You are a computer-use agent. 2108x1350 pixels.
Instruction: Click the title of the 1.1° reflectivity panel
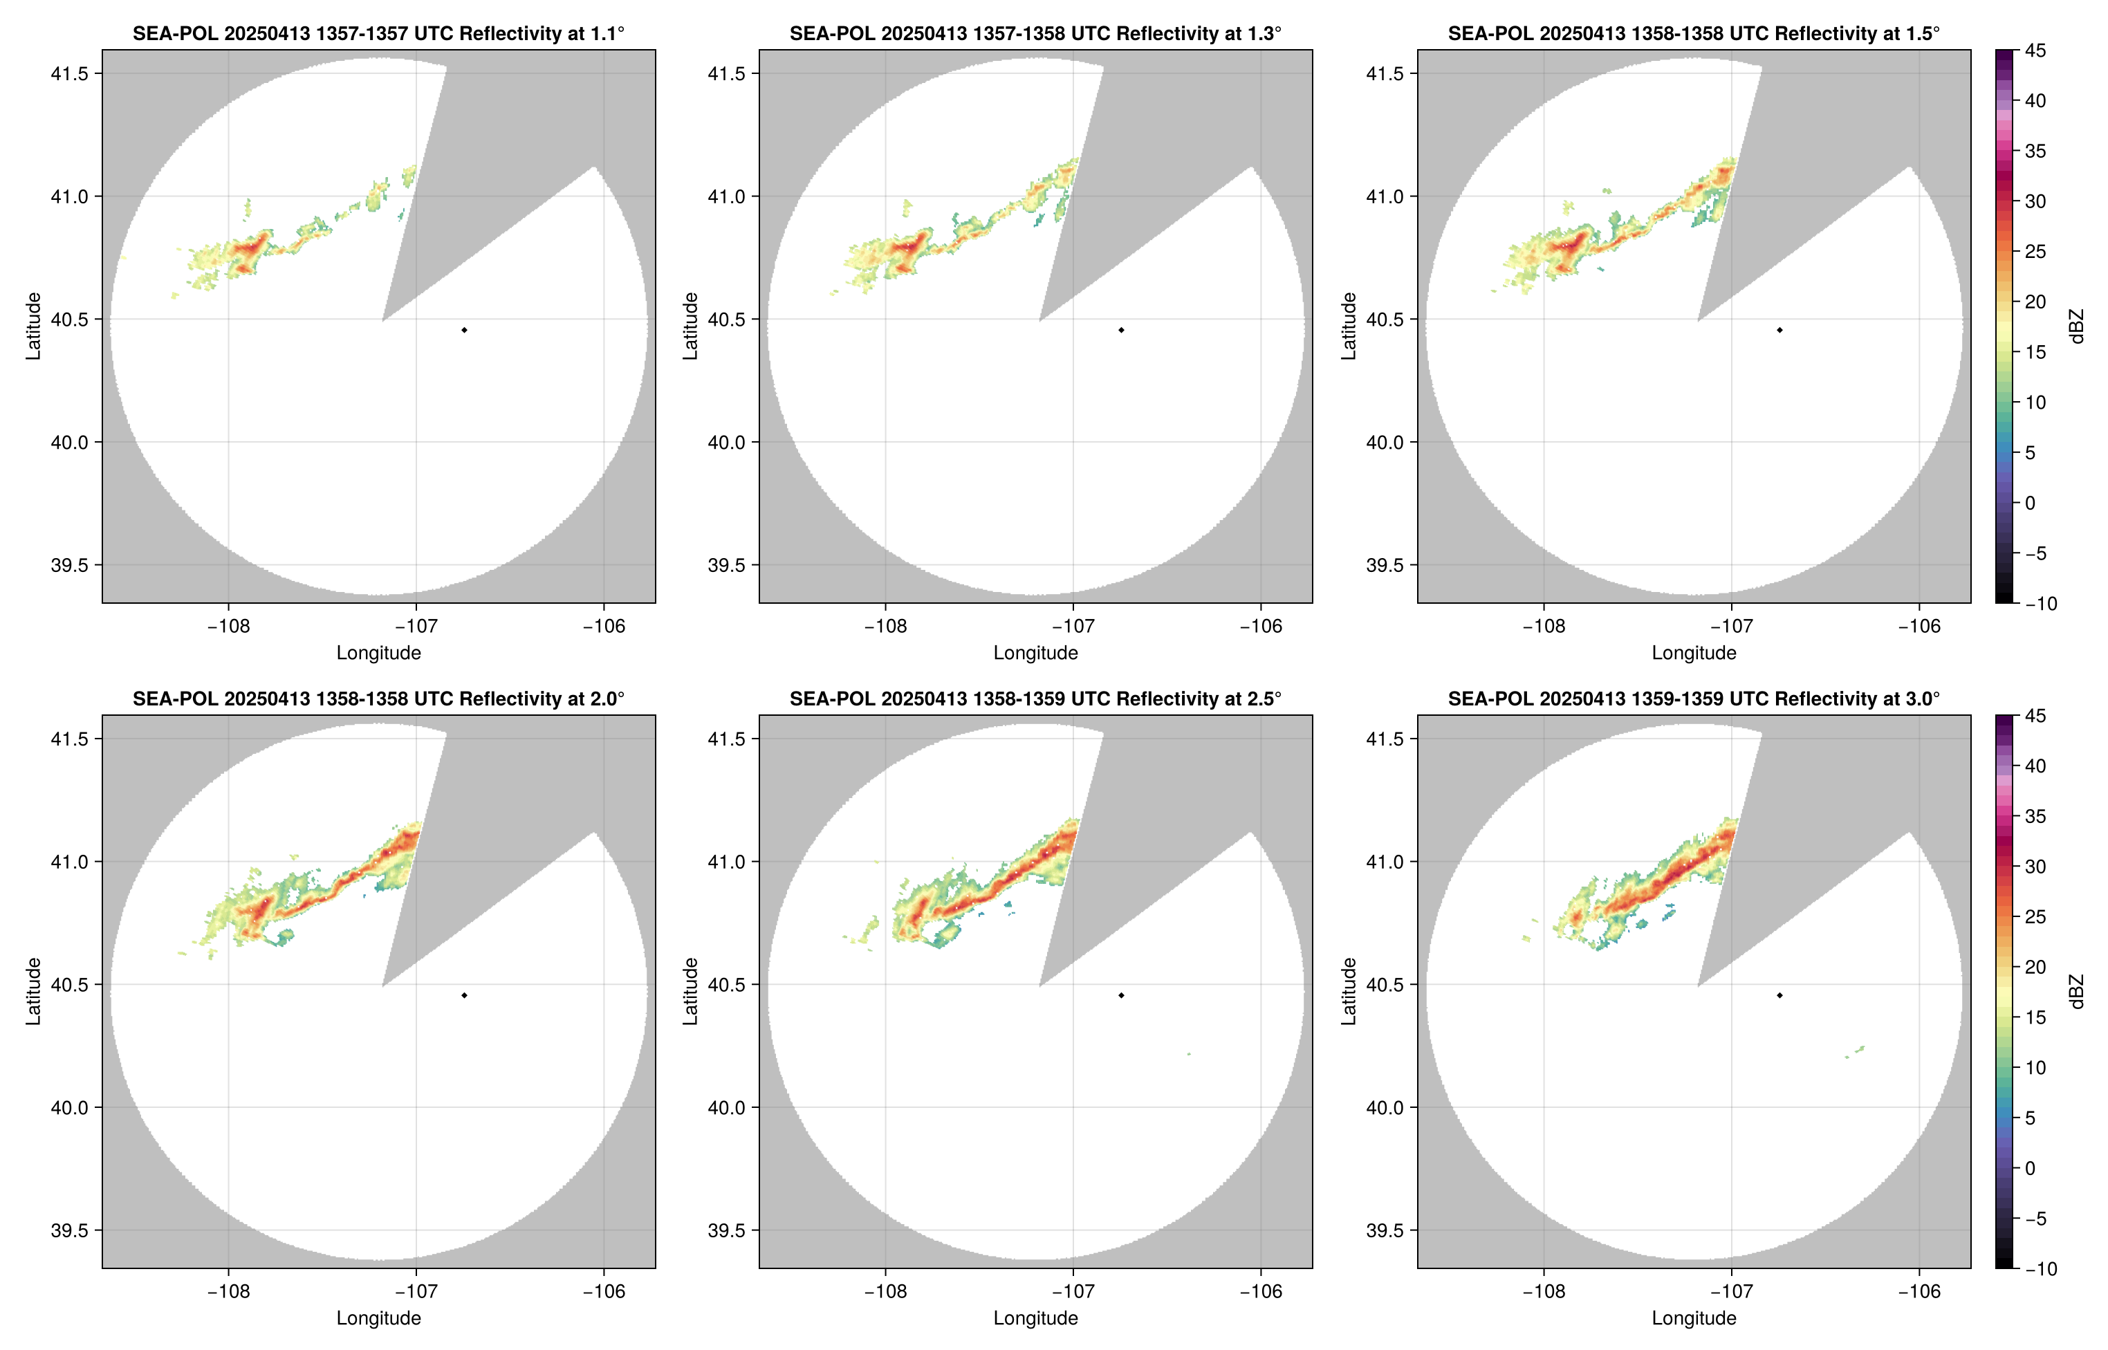pos(378,34)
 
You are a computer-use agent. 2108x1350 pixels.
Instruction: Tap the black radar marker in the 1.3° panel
pos(1121,331)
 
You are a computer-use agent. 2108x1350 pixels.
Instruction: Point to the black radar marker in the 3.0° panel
pos(1779,996)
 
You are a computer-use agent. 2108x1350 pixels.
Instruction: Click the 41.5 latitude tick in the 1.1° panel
pos(69,73)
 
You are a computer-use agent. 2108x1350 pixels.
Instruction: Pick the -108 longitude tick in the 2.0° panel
pos(228,1292)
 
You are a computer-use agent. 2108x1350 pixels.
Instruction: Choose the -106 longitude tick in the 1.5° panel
pos(1919,627)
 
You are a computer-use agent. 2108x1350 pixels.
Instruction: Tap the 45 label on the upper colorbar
pos(2035,51)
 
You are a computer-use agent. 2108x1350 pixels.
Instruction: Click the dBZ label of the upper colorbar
pos(2076,326)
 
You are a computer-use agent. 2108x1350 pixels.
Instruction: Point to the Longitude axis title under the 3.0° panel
pos(1694,1318)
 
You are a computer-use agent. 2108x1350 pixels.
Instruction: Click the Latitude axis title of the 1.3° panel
pos(691,326)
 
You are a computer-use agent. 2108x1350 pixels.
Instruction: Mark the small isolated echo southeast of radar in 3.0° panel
pos(1856,1051)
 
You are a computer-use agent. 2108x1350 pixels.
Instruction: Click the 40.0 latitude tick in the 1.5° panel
pos(1385,443)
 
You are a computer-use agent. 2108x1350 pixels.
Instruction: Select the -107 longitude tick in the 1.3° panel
pos(1072,627)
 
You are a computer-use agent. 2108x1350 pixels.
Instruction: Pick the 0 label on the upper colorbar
pos(2030,503)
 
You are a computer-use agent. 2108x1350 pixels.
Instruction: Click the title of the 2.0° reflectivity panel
pos(378,699)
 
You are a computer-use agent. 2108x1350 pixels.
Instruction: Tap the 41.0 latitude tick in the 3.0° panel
pos(1385,862)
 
